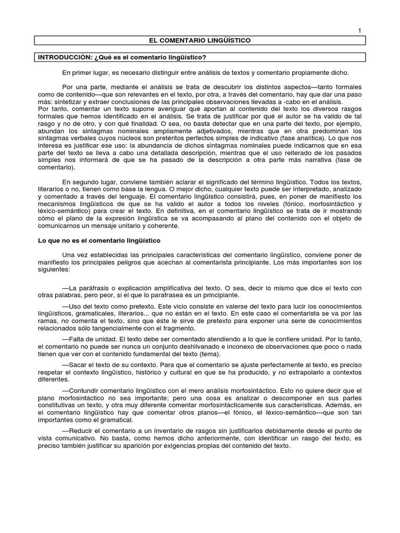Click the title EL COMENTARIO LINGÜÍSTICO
(x=201, y=41)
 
